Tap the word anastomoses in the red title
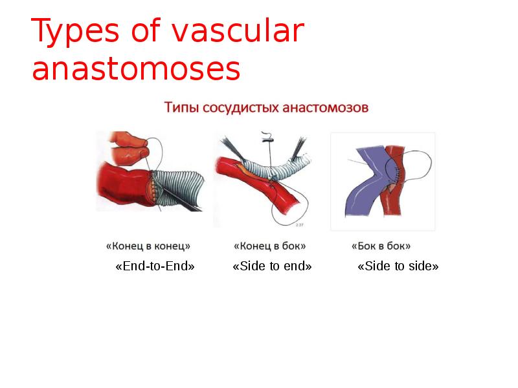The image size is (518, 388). click(136, 69)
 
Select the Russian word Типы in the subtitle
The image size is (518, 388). click(181, 107)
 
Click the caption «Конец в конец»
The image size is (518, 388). click(148, 246)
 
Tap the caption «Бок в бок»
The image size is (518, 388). click(381, 246)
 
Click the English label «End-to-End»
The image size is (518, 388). click(154, 266)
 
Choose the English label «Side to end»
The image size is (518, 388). click(272, 266)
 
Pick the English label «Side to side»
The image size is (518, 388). click(398, 266)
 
